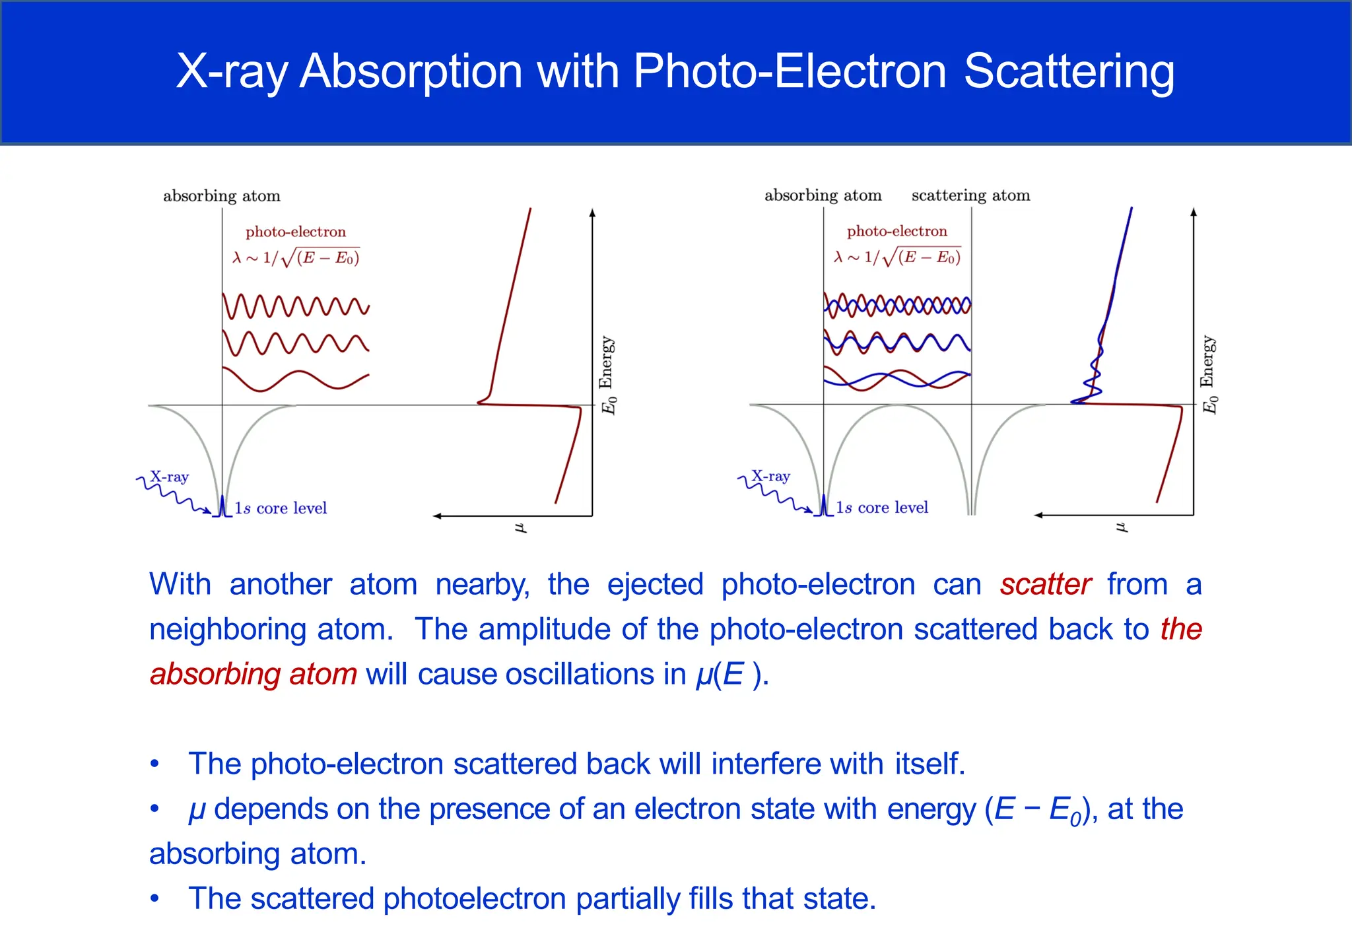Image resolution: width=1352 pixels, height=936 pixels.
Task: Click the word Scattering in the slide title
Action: (1069, 71)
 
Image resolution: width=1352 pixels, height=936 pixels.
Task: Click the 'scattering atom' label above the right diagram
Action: (970, 195)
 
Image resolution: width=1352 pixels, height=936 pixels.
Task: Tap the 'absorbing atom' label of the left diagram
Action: (222, 196)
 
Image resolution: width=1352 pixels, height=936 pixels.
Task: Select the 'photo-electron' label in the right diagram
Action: (896, 231)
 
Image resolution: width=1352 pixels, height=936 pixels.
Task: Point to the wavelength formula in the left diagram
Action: (296, 258)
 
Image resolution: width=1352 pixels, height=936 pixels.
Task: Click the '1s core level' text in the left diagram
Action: (281, 508)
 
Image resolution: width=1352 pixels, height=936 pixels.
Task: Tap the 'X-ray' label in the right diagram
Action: (770, 476)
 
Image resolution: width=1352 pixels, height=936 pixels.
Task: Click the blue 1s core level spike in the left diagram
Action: (222, 506)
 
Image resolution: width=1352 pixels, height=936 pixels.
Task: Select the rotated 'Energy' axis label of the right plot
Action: (1207, 361)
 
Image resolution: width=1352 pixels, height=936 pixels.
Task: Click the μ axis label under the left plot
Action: (520, 527)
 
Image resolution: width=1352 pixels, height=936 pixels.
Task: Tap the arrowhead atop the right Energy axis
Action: (1194, 212)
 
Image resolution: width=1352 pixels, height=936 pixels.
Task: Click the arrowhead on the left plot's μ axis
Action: (437, 516)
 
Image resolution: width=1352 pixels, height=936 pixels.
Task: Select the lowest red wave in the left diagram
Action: (296, 380)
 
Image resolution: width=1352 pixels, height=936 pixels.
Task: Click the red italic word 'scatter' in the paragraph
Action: (1045, 585)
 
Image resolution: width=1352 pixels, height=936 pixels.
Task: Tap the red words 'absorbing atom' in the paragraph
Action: (253, 675)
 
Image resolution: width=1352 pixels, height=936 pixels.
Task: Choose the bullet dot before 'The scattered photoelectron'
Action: (154, 899)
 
